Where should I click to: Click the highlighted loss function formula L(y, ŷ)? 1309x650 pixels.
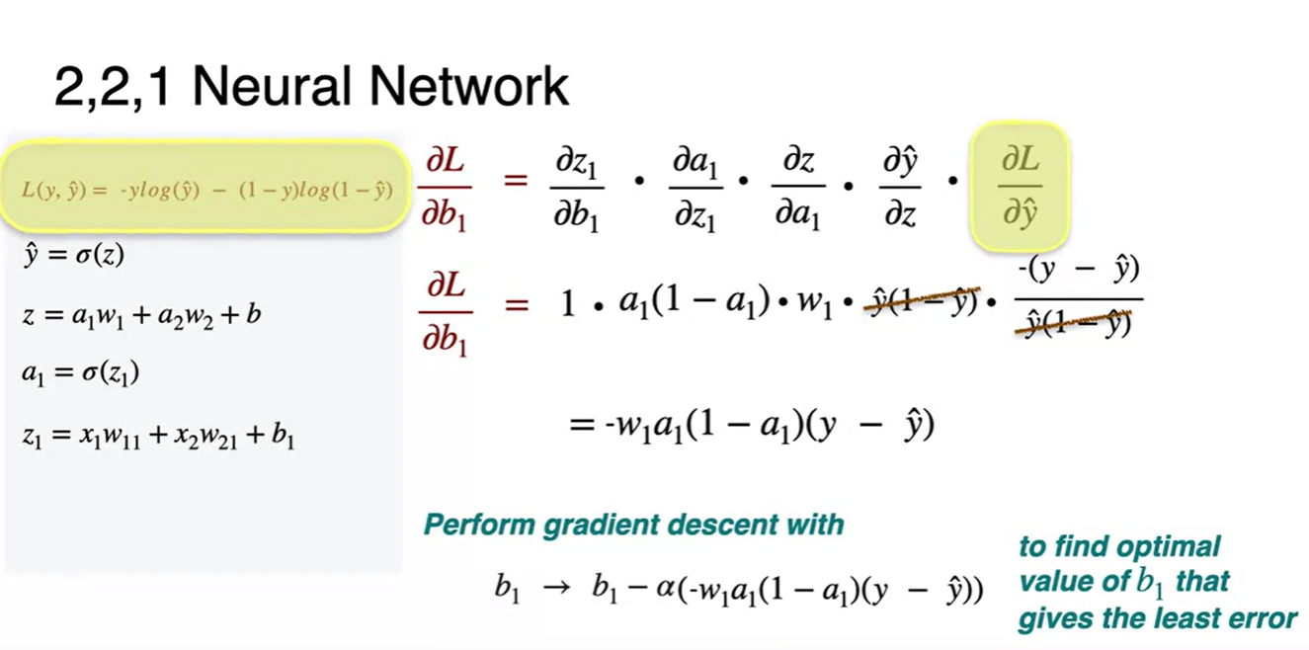[207, 190]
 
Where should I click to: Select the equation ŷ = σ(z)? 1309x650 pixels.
[73, 255]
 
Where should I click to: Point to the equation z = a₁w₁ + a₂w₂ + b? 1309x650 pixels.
[140, 316]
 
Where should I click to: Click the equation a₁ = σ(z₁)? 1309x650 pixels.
[80, 373]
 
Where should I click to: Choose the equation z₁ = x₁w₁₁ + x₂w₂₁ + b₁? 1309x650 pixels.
[158, 435]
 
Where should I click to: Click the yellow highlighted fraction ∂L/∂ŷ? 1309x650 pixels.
[1020, 187]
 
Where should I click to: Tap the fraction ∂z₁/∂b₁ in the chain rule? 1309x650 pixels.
[576, 188]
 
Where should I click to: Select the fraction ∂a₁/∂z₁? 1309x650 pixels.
[695, 188]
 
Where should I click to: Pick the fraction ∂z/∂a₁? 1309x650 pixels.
[798, 188]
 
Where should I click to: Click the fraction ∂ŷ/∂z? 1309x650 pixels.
[900, 188]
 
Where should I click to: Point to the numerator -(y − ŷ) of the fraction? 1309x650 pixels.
[1078, 269]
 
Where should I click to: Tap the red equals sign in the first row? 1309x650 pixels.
[515, 182]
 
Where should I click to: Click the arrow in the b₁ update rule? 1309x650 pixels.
[556, 589]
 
